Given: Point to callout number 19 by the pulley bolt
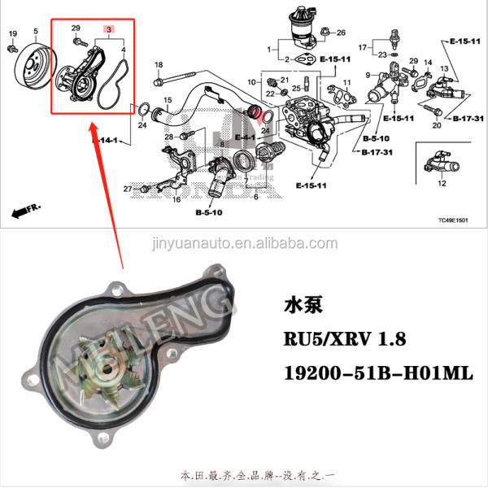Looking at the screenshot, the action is coord(12,33).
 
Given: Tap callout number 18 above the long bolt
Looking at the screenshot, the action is coord(159,65).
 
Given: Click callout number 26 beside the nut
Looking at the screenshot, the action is coord(341,33).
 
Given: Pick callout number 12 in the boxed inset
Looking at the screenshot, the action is coord(442,184).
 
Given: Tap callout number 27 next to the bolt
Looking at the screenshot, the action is coord(128,190).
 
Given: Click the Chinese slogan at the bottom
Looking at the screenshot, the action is coord(243,473).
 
